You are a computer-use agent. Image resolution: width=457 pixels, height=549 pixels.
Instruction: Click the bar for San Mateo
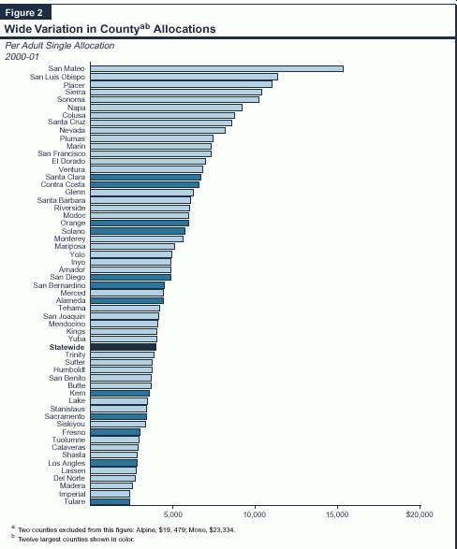(216, 68)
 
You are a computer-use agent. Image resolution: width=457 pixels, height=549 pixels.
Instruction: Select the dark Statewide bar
(123, 347)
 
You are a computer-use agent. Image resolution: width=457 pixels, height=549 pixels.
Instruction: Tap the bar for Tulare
(110, 501)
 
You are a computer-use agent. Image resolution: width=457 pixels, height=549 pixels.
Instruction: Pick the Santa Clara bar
(145, 177)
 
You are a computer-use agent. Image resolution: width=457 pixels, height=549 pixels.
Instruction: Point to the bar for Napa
(166, 108)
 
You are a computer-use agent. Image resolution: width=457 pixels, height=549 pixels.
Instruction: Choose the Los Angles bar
(113, 463)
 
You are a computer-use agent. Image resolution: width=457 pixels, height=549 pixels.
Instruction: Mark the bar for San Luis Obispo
(184, 77)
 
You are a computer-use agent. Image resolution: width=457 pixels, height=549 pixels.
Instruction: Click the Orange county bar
(140, 223)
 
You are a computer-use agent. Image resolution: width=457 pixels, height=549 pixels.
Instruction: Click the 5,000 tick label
(172, 514)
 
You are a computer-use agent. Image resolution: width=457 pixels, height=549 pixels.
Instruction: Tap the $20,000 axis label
(420, 514)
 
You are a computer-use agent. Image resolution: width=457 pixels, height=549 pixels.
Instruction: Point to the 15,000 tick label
(337, 514)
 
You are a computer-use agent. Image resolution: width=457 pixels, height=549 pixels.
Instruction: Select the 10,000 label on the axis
(255, 514)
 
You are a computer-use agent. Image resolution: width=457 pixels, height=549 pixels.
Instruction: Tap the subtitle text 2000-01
(22, 56)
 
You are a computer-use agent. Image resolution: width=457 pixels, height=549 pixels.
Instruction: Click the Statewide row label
(66, 347)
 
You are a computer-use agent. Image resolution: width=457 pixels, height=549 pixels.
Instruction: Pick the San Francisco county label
(61, 153)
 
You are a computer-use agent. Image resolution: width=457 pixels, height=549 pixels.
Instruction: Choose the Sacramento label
(65, 416)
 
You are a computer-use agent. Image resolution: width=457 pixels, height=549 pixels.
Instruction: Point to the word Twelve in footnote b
(26, 540)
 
